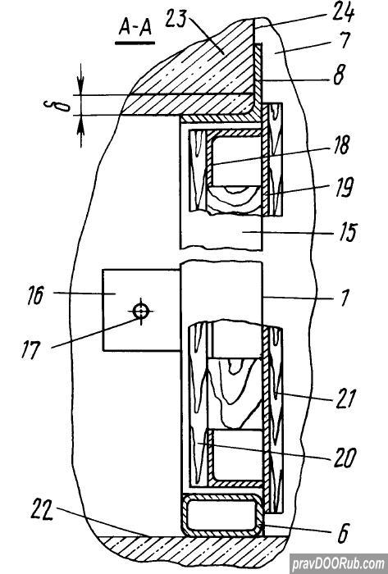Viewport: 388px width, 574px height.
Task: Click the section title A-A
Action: coord(135,28)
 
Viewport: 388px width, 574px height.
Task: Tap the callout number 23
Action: coord(176,20)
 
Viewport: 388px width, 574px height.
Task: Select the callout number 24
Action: coord(343,14)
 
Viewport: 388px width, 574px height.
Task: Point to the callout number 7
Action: coord(344,40)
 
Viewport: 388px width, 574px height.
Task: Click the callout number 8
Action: coord(339,75)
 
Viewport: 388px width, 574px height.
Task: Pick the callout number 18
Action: coord(340,145)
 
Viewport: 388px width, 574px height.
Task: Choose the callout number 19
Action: coord(344,188)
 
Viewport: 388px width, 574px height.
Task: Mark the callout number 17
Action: coord(30,350)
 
